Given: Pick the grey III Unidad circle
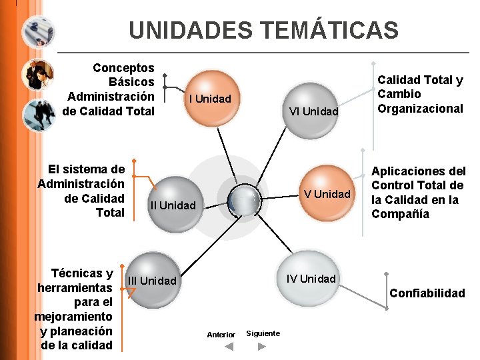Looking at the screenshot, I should [x=153, y=279].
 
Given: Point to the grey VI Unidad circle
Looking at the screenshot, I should [x=313, y=111].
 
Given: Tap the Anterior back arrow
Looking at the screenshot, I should [x=228, y=347].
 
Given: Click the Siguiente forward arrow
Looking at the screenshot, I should [x=262, y=347].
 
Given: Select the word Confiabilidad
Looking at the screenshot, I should [x=427, y=293].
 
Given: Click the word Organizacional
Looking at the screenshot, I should [x=420, y=109].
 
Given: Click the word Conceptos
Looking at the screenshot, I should [x=123, y=68].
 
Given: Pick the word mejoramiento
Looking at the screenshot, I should [x=73, y=317].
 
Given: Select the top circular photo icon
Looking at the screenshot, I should [x=38, y=30].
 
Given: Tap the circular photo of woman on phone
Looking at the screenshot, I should [x=38, y=73].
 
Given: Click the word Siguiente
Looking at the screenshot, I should [x=263, y=333].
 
